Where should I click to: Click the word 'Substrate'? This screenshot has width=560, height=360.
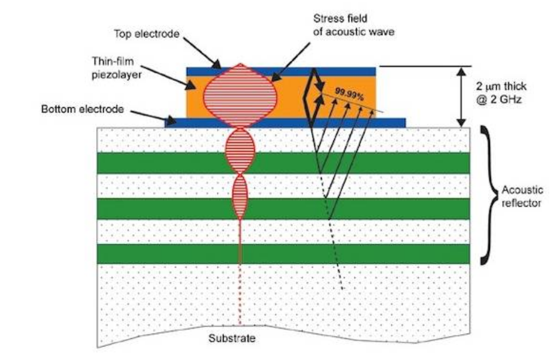[x=241, y=338]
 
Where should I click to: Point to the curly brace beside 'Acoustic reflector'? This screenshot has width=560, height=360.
[x=485, y=196]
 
